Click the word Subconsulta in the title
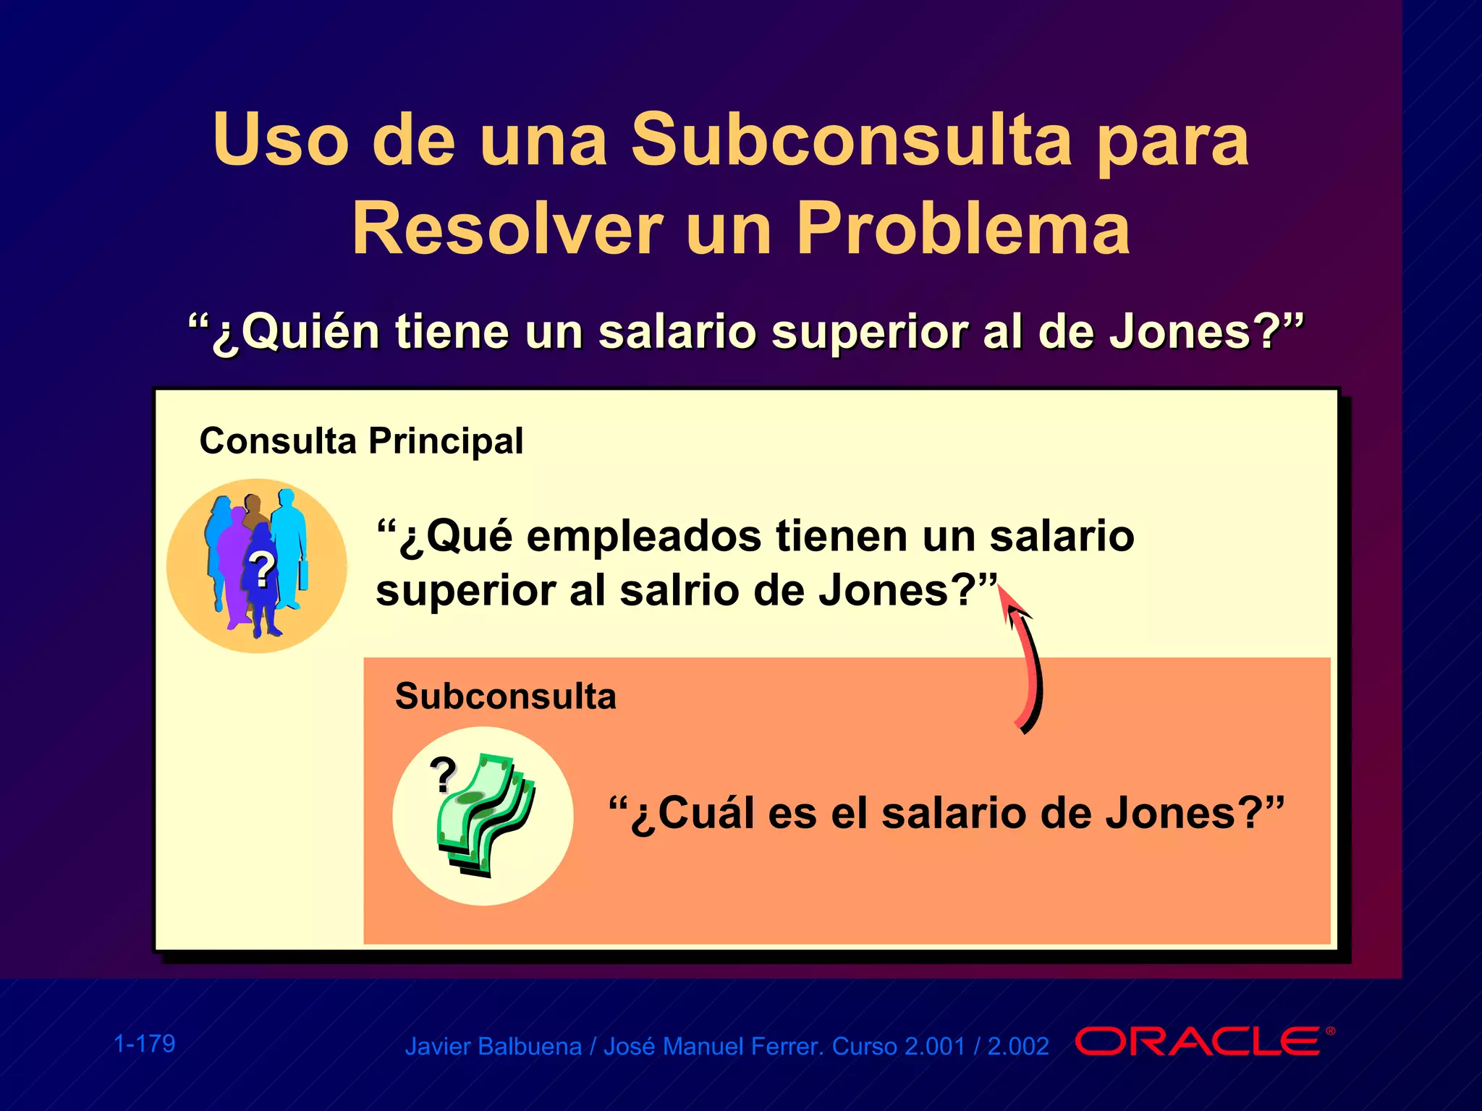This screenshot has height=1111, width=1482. (851, 139)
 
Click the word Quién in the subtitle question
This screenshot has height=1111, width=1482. (310, 333)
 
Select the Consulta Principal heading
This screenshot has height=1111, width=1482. (360, 441)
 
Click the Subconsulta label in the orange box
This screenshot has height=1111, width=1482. (505, 697)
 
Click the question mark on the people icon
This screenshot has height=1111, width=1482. (262, 569)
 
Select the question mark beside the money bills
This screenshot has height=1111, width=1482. (443, 775)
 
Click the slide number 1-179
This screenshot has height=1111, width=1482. (145, 1044)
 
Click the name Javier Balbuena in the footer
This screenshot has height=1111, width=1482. (493, 1047)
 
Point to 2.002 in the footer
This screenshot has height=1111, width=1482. (1018, 1047)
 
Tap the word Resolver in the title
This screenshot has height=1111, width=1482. (507, 229)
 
